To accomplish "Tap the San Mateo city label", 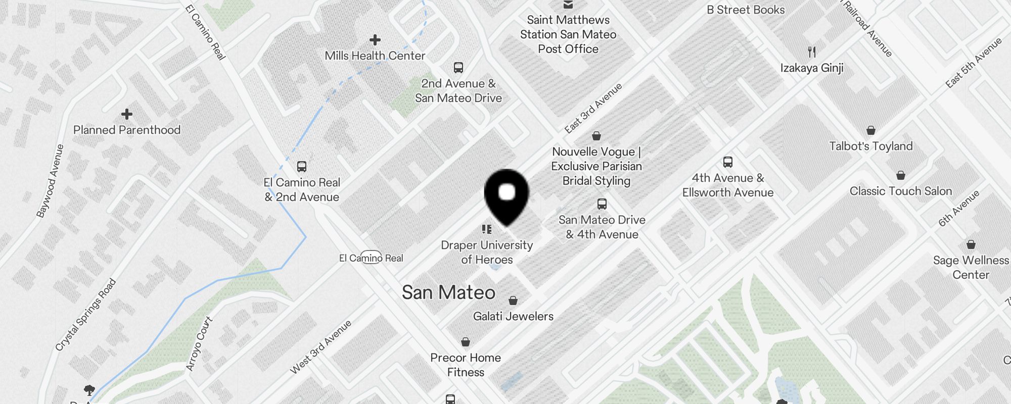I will pyautogui.click(x=448, y=292).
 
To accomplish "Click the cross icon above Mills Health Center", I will pyautogui.click(x=375, y=40).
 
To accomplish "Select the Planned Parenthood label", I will pyautogui.click(x=127, y=130).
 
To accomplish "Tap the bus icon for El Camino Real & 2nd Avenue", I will pyautogui.click(x=302, y=166).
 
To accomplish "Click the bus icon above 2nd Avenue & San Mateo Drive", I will pyautogui.click(x=458, y=67).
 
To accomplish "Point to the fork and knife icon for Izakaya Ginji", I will pyautogui.click(x=812, y=52).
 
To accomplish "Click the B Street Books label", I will pyautogui.click(x=746, y=10).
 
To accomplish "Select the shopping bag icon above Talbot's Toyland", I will pyautogui.click(x=870, y=131).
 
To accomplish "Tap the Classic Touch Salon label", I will pyautogui.click(x=901, y=191).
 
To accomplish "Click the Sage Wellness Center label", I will pyautogui.click(x=971, y=268).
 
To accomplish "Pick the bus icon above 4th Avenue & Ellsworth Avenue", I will pyautogui.click(x=728, y=162).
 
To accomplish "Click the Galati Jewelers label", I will pyautogui.click(x=513, y=316).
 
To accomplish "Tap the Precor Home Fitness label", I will pyautogui.click(x=466, y=365).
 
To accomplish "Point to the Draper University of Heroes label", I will pyautogui.click(x=487, y=252).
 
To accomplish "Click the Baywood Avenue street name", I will pyautogui.click(x=51, y=181).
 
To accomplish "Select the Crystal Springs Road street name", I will pyautogui.click(x=85, y=315).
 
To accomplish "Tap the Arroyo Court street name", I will pyautogui.click(x=199, y=343).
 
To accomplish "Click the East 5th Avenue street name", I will pyautogui.click(x=974, y=63).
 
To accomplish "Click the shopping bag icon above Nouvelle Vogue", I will pyautogui.click(x=596, y=135).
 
